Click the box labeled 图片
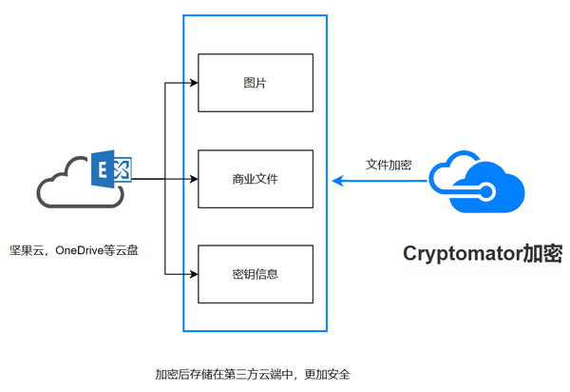[x=255, y=83]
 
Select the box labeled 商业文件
[x=255, y=178]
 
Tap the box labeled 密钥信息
[x=255, y=274]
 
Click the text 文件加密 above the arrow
[x=389, y=164]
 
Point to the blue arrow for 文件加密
[x=380, y=179]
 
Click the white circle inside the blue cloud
[x=487, y=192]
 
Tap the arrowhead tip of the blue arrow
[x=333, y=179]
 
